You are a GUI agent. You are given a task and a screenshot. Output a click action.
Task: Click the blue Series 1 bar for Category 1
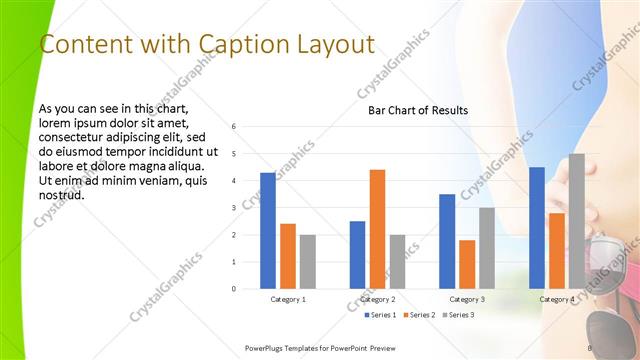[268, 231]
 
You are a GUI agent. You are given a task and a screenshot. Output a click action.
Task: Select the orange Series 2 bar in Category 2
[377, 229]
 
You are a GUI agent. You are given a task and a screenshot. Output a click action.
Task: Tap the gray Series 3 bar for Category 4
[576, 221]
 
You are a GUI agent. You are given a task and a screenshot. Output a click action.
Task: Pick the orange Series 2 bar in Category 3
[467, 264]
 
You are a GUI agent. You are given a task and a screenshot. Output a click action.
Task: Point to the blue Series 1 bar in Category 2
[357, 255]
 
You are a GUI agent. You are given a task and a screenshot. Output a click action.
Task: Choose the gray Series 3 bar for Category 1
[307, 262]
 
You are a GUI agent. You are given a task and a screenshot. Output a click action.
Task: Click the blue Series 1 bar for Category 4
[537, 228]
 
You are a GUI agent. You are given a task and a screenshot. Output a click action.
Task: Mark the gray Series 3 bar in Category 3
[487, 248]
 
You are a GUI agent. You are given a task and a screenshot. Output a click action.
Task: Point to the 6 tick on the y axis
[233, 127]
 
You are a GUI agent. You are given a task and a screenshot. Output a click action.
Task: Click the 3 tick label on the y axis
[233, 208]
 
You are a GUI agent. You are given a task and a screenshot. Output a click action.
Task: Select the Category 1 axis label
[288, 299]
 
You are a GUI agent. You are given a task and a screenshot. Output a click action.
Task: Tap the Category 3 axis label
[467, 299]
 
